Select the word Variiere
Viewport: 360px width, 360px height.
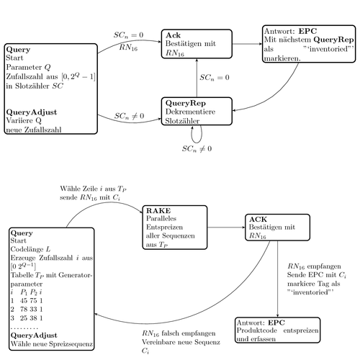[22, 121]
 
